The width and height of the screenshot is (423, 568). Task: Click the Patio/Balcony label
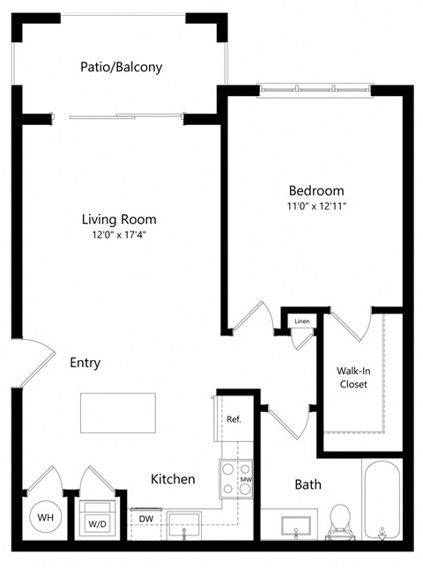121,66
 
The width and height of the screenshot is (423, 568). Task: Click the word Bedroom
316,190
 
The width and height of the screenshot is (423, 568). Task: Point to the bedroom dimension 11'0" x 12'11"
316,206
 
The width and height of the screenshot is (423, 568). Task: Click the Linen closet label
302,321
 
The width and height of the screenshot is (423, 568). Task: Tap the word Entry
85,363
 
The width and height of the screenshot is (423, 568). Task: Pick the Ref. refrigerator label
234,420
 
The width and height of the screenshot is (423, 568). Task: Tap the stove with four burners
232,478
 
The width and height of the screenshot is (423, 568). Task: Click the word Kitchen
173,479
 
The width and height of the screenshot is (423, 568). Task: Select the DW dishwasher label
146,519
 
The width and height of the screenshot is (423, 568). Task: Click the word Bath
308,483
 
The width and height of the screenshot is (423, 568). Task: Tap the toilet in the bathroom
339,522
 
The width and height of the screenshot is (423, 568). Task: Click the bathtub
381,499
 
